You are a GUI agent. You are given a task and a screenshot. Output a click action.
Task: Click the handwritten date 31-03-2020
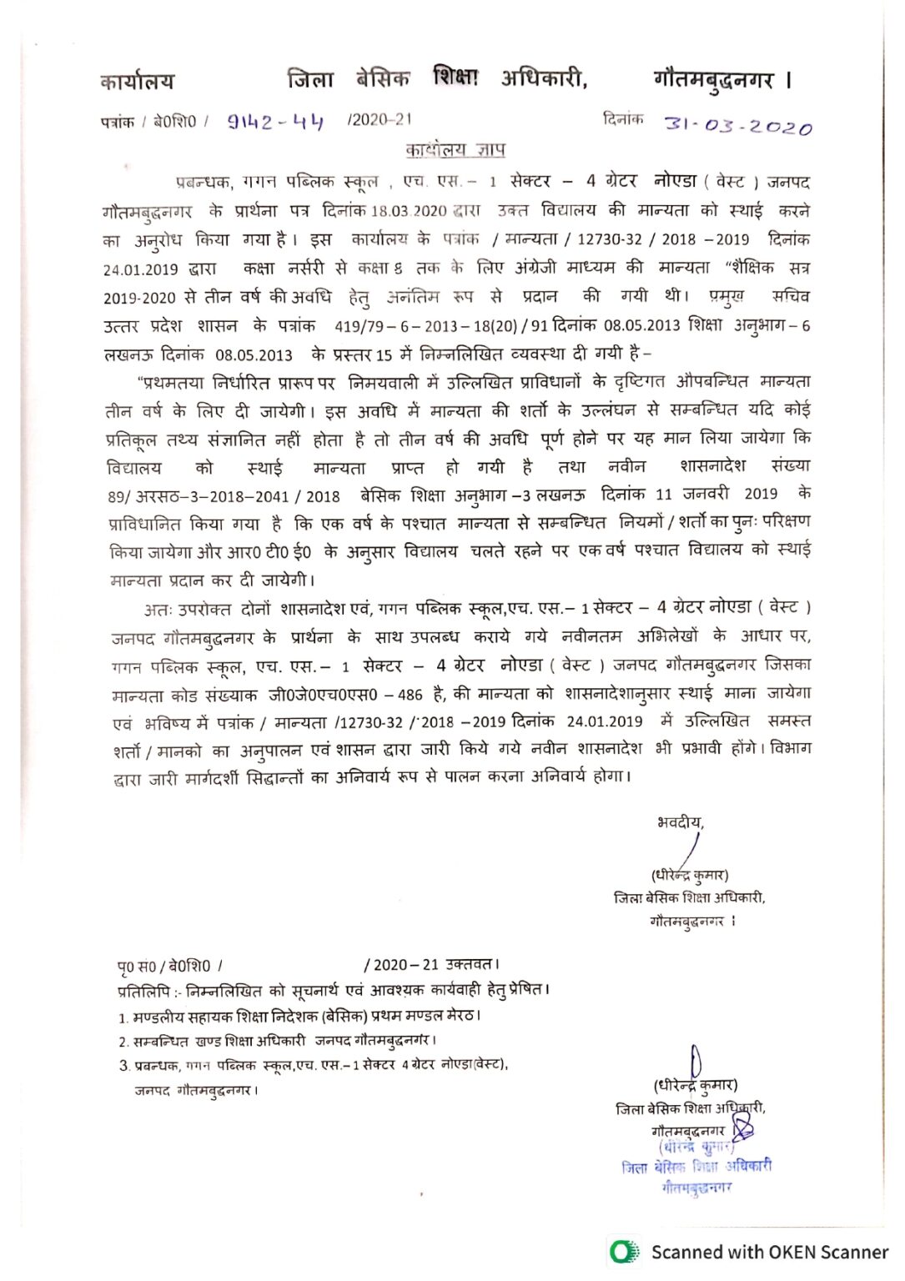click(737, 126)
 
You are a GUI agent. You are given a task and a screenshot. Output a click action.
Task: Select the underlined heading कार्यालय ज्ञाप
click(455, 150)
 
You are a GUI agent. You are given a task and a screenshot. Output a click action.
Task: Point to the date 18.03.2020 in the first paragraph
click(409, 211)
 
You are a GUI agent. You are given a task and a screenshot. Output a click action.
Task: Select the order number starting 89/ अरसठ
click(224, 496)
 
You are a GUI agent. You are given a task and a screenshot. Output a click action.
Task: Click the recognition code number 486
click(410, 694)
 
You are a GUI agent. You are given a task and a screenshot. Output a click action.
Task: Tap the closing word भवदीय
click(680, 822)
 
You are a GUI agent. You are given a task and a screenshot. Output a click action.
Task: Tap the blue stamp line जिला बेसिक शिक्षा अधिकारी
click(696, 1167)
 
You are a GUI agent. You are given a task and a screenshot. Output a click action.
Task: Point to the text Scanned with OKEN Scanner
click(769, 1252)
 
